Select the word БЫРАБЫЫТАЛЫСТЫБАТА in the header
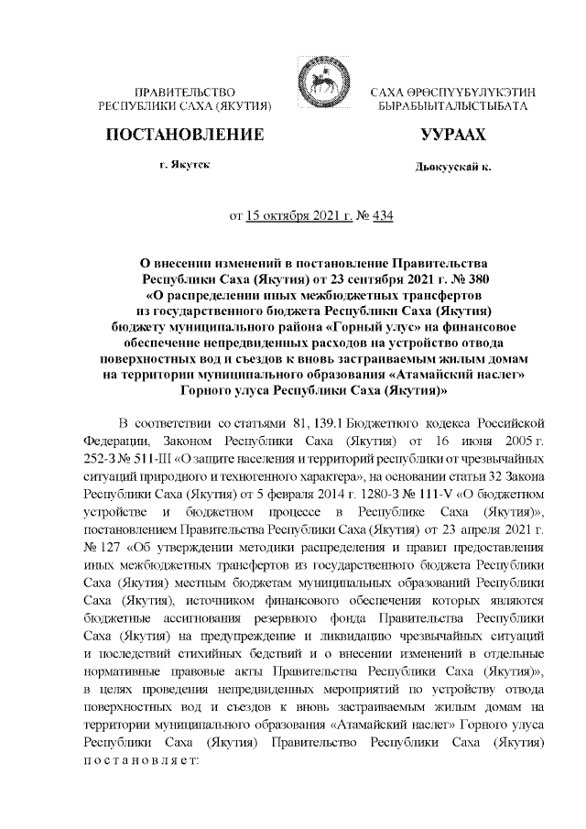point(452,107)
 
